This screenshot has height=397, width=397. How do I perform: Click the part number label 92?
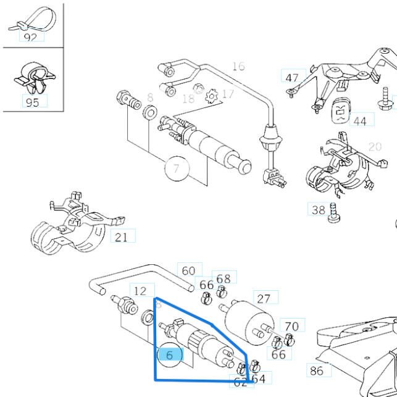(x=31, y=37)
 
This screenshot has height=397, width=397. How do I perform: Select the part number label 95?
(x=32, y=102)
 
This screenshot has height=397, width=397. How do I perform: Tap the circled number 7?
(x=177, y=169)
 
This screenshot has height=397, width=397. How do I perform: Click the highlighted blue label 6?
(x=170, y=354)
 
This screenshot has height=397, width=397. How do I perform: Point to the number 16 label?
(x=238, y=66)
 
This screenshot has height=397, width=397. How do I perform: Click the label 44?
(x=360, y=120)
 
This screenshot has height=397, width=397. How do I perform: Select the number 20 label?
(x=375, y=146)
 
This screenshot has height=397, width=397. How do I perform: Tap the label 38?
(x=318, y=210)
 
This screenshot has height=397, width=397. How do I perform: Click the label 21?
(x=122, y=236)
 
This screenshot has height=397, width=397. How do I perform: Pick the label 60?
(x=189, y=270)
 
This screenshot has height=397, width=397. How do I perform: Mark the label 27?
(x=264, y=299)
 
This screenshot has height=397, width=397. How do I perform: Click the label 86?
(x=316, y=370)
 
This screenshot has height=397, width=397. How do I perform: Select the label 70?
(x=291, y=325)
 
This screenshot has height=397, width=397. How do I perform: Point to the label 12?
(x=141, y=291)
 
